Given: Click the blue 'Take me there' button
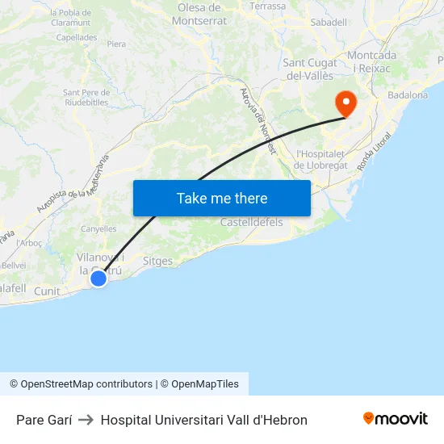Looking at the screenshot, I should (222, 198).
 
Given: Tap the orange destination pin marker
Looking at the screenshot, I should (346, 103).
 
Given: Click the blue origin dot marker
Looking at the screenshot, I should (98, 279).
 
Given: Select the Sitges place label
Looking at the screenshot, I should (157, 262).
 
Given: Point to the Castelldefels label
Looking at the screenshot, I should (252, 222).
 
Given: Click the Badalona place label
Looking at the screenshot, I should (408, 95).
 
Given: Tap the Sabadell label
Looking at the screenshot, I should (329, 23).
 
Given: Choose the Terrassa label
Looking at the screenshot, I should (268, 6).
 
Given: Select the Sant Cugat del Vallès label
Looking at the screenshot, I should (310, 69).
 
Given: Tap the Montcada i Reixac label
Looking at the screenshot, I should (371, 61).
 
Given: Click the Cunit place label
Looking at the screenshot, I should (47, 291).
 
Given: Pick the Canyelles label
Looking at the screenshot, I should (98, 229).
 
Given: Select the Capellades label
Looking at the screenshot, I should (77, 37).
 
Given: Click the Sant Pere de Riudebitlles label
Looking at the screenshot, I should (86, 98).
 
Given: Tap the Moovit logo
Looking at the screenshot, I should (396, 419).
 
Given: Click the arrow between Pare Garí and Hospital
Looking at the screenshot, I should (86, 420).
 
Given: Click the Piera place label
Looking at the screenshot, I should (116, 44).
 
